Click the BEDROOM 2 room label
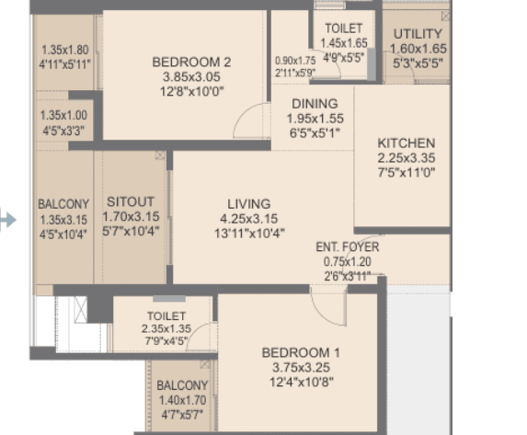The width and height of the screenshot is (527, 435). pos(190,63)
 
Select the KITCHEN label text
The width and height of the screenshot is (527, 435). pos(406,143)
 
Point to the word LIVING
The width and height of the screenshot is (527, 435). pos(249,203)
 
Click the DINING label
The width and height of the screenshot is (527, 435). pos(315,104)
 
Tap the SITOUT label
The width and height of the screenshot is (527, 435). pos(130,201)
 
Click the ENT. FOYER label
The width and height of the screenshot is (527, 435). pos(347,246)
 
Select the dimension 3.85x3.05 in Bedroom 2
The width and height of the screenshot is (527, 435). pos(190,77)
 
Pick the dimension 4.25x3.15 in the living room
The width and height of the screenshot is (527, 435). pos(249,218)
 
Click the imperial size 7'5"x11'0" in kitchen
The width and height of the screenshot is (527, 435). pos(406,173)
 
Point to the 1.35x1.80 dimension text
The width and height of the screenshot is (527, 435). pos(64,51)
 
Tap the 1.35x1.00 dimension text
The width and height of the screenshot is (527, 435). pos(64,116)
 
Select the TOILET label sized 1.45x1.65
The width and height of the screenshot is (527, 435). pos(343,29)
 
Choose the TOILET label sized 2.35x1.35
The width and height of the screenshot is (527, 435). pos(165,316)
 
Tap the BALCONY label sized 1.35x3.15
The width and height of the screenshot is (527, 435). pos(63,204)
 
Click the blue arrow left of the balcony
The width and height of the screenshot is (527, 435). pos(8,220)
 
